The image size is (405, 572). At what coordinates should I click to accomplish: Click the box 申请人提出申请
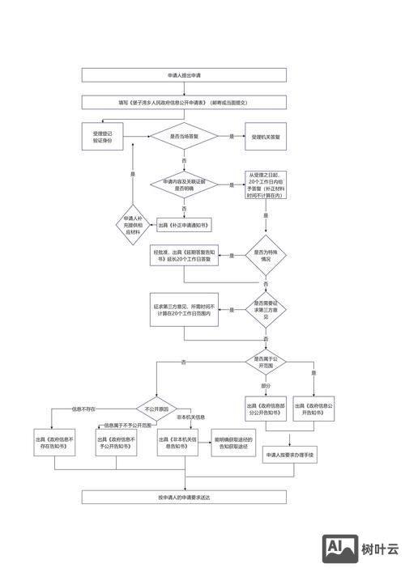click(x=184, y=75)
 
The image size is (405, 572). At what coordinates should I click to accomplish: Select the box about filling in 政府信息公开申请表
click(x=184, y=103)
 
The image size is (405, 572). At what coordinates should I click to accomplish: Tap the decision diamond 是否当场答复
click(x=184, y=138)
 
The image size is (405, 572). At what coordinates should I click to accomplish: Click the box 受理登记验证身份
click(x=103, y=137)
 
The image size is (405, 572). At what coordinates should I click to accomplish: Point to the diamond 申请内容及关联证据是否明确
click(x=184, y=184)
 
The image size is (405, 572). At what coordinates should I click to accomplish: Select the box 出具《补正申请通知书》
click(x=184, y=226)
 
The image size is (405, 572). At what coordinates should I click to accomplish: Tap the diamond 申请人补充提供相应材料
click(x=133, y=226)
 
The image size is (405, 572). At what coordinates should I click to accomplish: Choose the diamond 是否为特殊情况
click(x=266, y=256)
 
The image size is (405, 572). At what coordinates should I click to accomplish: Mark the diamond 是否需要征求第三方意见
click(x=266, y=308)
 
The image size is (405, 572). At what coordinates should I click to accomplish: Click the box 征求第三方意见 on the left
click(x=184, y=308)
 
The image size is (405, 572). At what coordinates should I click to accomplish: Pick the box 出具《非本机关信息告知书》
click(x=177, y=442)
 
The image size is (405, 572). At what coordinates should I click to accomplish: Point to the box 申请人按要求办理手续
click(x=290, y=456)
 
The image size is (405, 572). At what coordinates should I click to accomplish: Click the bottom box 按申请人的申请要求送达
click(x=184, y=497)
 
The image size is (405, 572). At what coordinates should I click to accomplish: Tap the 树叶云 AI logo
click(x=362, y=549)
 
